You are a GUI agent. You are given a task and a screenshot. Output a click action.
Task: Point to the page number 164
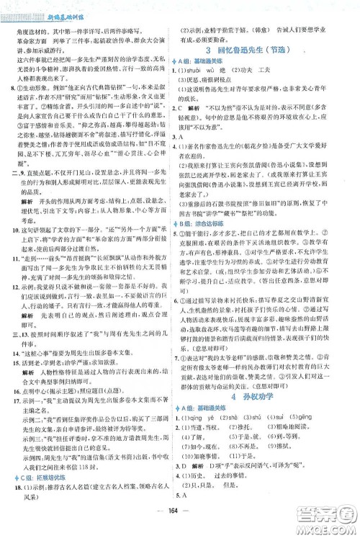(180, 524)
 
